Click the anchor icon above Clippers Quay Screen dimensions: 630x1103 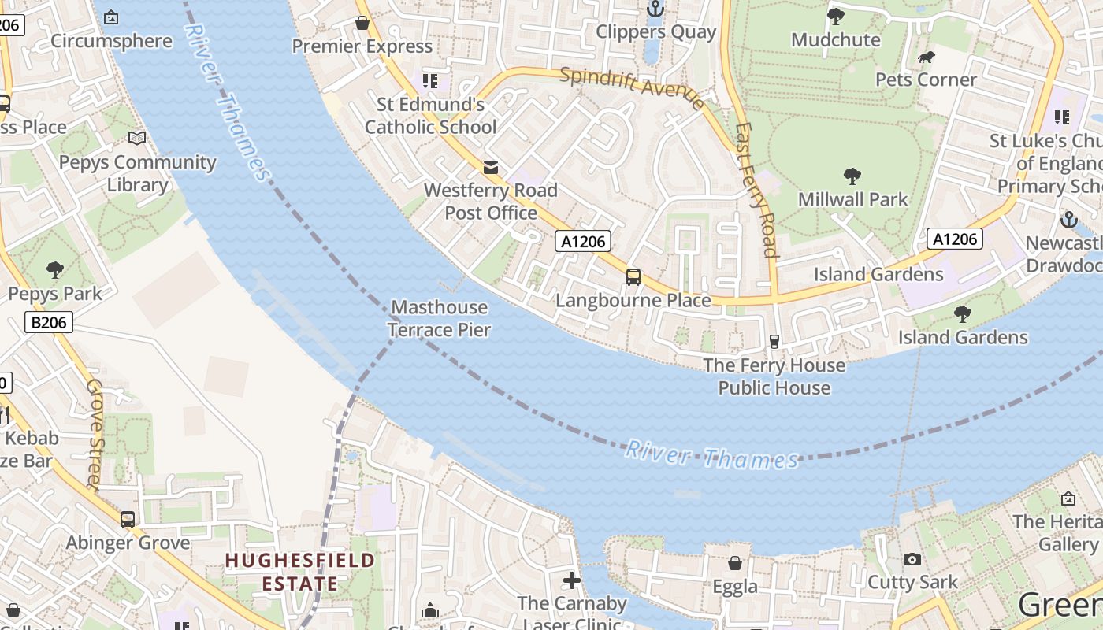click(x=655, y=9)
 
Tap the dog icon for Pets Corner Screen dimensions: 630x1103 click(x=927, y=57)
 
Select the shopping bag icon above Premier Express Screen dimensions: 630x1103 click(x=362, y=23)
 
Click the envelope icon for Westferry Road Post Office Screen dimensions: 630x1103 click(x=491, y=167)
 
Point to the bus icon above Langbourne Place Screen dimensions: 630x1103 click(x=633, y=276)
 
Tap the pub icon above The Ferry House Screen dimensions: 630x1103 click(x=774, y=341)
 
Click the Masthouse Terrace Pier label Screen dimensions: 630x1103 click(x=440, y=318)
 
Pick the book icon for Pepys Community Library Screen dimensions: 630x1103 click(x=137, y=139)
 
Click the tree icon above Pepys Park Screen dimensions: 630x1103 click(x=55, y=270)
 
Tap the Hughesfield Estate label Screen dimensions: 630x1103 click(x=299, y=572)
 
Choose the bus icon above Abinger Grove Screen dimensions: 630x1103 click(x=128, y=520)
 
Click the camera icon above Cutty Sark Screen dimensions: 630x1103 click(x=912, y=559)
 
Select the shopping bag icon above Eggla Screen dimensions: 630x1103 click(x=735, y=563)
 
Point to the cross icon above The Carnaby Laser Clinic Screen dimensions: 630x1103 click(x=572, y=581)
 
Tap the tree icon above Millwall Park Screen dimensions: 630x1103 click(x=852, y=176)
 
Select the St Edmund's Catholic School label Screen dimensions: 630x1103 click(x=430, y=115)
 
